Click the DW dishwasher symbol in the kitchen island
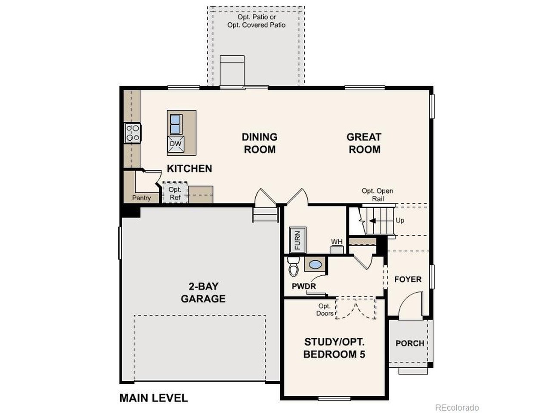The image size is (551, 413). click(x=176, y=144)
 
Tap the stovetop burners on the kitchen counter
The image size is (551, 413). click(x=133, y=133)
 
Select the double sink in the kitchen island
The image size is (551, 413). click(x=176, y=124)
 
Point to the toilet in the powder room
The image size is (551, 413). click(x=293, y=266)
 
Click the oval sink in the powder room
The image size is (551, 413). click(x=315, y=264)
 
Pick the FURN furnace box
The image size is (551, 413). click(x=297, y=240)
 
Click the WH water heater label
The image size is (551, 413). click(x=337, y=241)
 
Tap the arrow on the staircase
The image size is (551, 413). click(x=372, y=221)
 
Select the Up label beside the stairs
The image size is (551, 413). click(x=400, y=221)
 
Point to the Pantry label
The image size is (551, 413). click(x=141, y=198)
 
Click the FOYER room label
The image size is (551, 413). click(x=408, y=279)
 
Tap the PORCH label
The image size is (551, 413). click(x=410, y=343)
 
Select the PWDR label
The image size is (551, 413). click(x=304, y=286)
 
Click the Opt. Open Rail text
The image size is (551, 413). click(x=377, y=195)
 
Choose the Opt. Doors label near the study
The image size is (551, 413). click(x=325, y=310)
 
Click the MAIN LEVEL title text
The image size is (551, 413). click(x=154, y=398)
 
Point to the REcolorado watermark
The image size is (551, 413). click(x=457, y=407)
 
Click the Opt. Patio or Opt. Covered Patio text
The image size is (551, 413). click(x=256, y=21)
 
